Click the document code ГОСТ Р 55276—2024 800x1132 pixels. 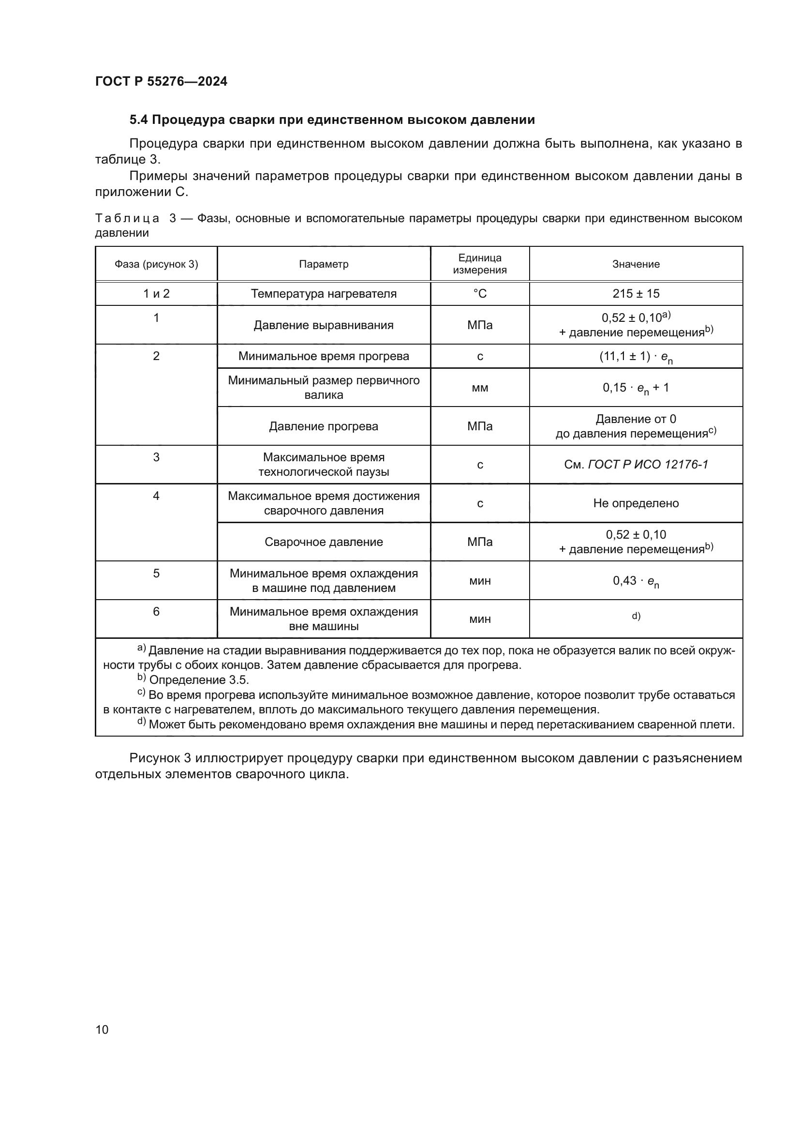coord(161,81)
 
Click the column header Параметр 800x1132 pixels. coord(323,264)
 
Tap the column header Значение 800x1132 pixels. coord(636,264)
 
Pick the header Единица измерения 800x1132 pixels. coord(479,264)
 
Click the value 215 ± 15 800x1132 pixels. coord(636,294)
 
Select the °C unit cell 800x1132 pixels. coord(479,294)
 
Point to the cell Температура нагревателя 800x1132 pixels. coord(323,294)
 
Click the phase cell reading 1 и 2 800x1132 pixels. coord(156,294)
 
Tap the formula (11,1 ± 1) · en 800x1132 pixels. coord(636,357)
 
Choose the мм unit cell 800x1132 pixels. coord(479,388)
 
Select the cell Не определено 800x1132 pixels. coord(636,503)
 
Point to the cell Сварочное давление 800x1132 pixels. coord(323,542)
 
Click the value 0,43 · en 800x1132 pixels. coord(636,581)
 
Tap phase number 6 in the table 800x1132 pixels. coord(156,612)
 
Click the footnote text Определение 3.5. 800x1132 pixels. coord(198,680)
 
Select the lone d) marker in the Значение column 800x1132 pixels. coord(636,616)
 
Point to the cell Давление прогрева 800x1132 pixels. coord(323,426)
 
